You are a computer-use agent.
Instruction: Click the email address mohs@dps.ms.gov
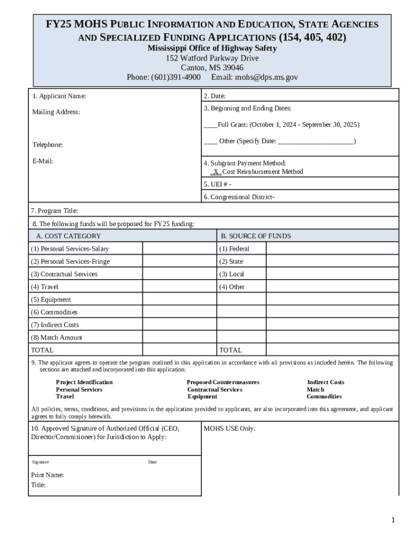click(x=266, y=77)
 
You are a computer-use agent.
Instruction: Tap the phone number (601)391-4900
click(x=176, y=77)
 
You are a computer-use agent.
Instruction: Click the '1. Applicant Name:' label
click(x=59, y=96)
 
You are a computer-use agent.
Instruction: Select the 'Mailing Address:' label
click(x=56, y=112)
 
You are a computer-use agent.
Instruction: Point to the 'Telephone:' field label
click(x=47, y=145)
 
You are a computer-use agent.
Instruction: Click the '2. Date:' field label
click(x=214, y=96)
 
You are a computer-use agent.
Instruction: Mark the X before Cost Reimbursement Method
click(x=216, y=172)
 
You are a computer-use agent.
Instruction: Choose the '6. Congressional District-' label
click(x=239, y=197)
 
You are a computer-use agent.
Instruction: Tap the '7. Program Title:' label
click(x=55, y=210)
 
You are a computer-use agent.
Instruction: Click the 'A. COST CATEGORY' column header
click(x=68, y=236)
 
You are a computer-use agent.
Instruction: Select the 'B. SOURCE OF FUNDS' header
click(x=255, y=236)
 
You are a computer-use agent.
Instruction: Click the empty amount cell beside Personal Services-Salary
click(x=179, y=248)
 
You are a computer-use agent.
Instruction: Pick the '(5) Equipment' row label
click(x=51, y=300)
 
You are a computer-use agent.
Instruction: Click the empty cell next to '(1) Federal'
click(x=332, y=248)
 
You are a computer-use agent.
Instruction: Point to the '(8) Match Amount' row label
click(x=57, y=338)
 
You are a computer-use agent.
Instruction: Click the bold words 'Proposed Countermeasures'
click(x=223, y=383)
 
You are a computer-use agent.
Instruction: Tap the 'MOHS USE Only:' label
click(x=229, y=428)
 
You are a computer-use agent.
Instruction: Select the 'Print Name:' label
click(x=47, y=475)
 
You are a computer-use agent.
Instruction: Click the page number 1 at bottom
click(x=392, y=520)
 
